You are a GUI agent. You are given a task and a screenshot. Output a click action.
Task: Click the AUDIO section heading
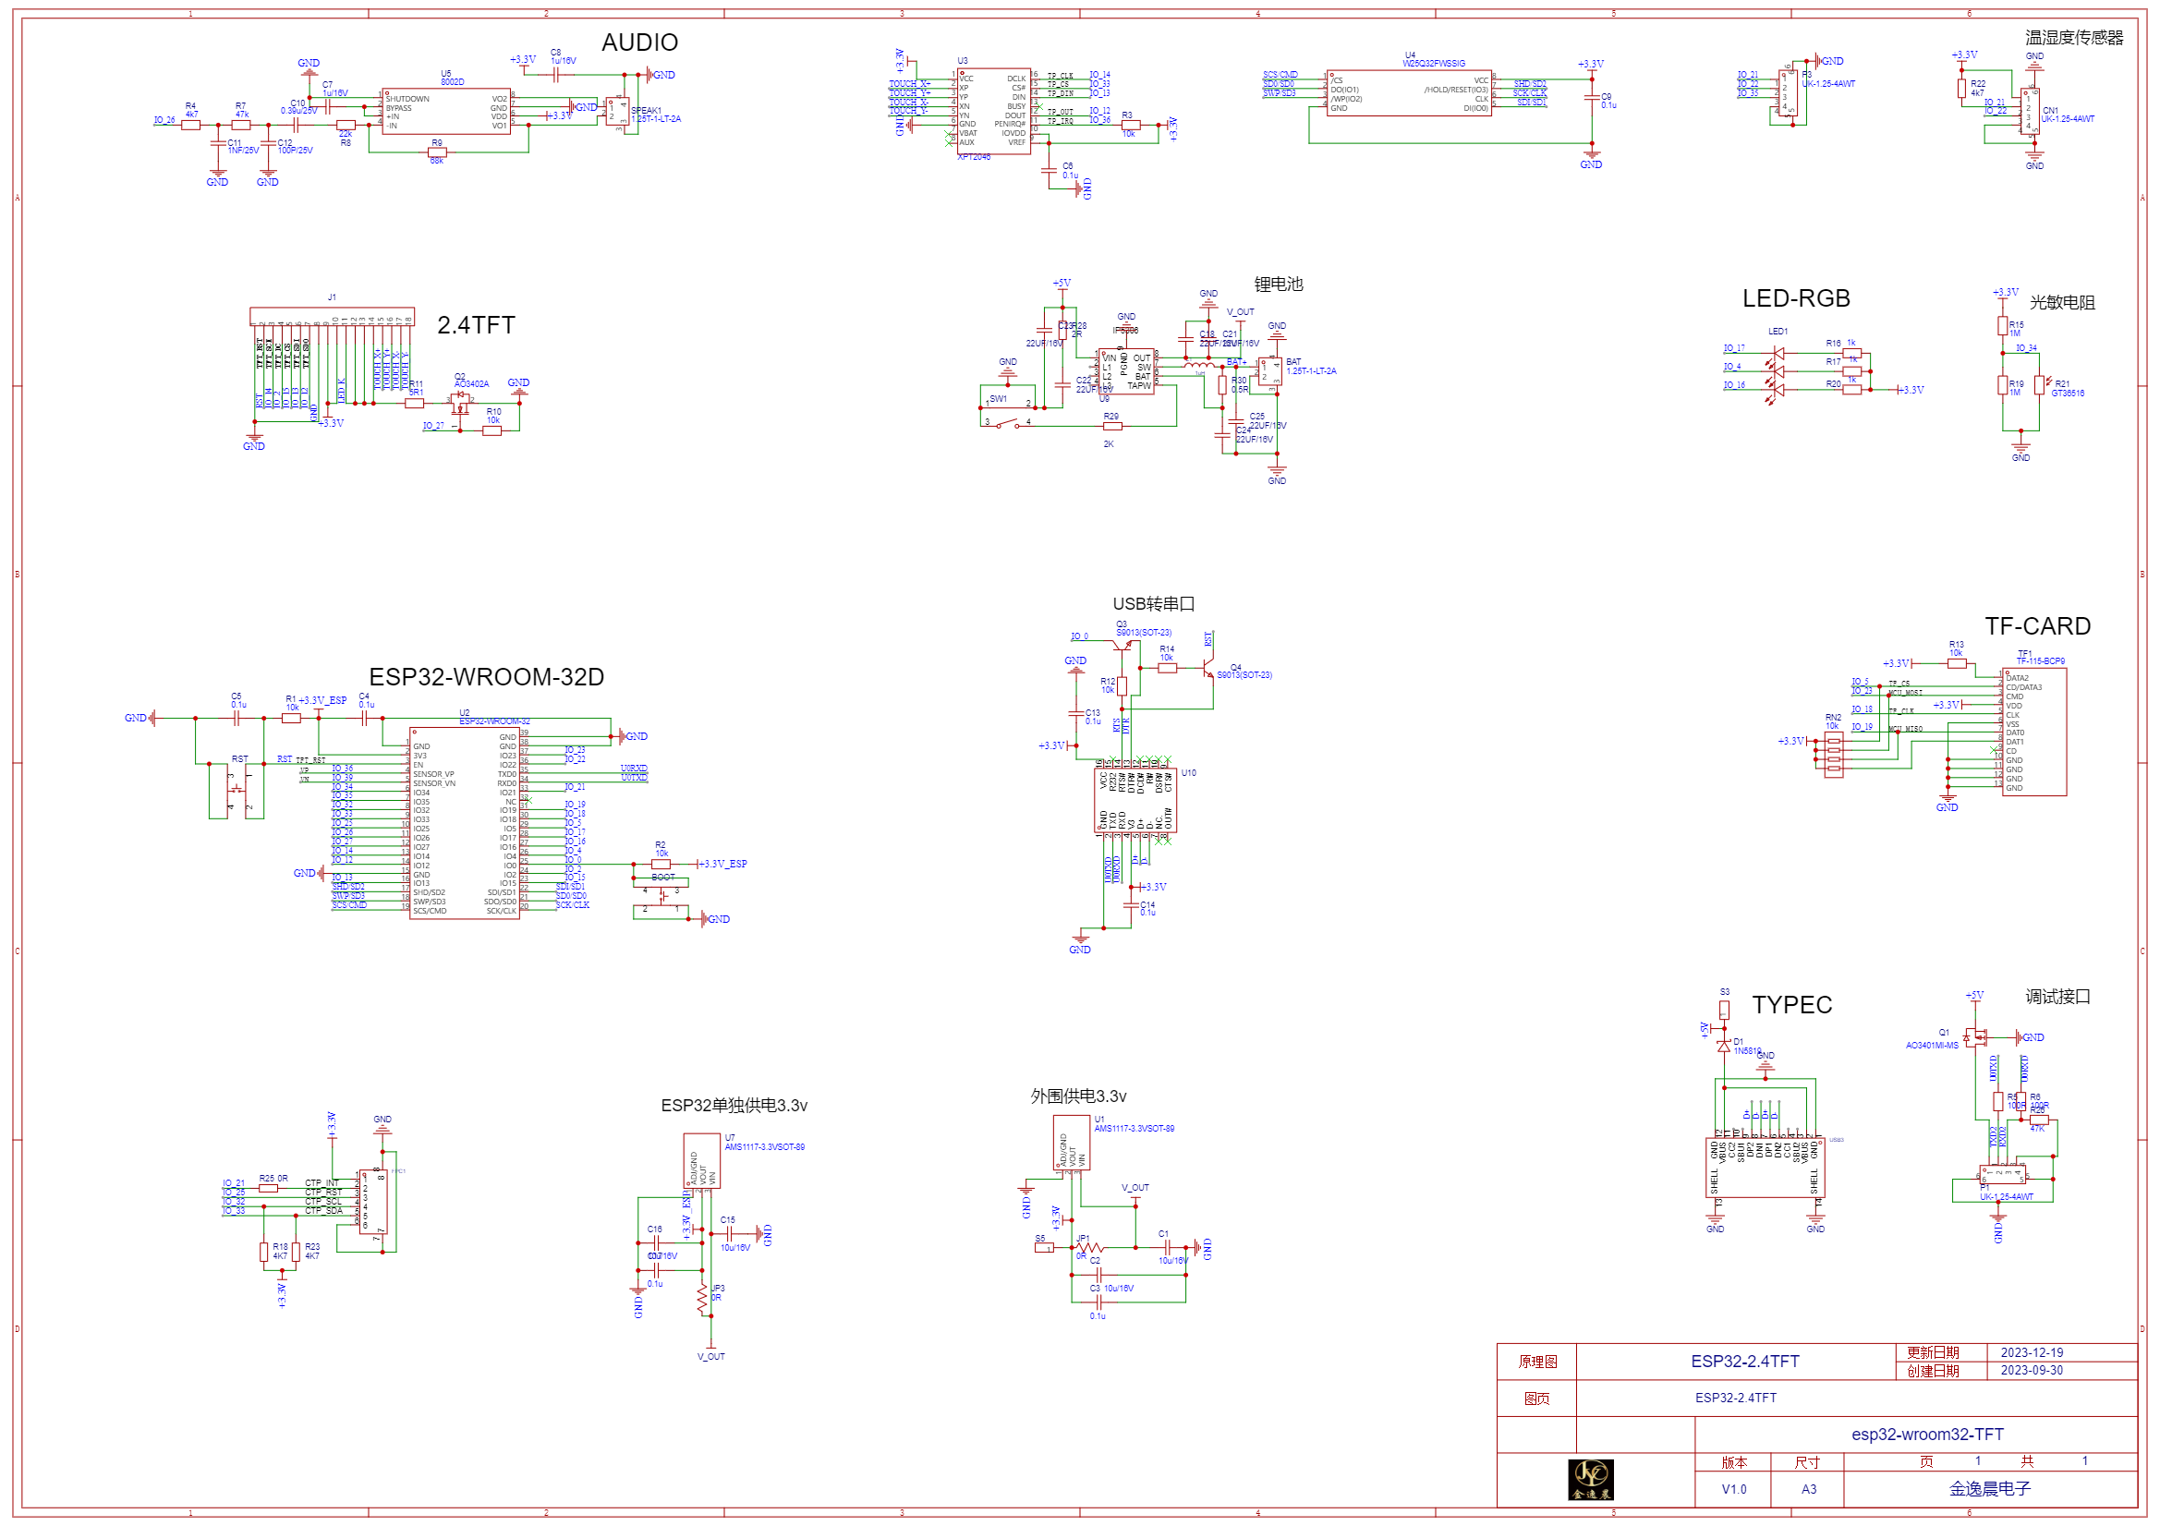coord(639,42)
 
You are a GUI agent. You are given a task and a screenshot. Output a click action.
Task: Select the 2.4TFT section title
coord(476,325)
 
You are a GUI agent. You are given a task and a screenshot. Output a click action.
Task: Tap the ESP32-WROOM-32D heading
coord(486,677)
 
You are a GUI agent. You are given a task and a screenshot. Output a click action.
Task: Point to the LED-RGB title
coord(1796,299)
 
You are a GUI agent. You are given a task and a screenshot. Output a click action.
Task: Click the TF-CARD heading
coord(2038,626)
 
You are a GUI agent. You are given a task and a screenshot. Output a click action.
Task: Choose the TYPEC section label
coord(1792,1005)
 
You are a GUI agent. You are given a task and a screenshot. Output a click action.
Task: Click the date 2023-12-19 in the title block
coord(2033,1353)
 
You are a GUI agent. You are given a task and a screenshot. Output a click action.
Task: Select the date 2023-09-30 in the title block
coord(2033,1371)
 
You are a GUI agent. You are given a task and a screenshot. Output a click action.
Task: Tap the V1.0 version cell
coord(1734,1489)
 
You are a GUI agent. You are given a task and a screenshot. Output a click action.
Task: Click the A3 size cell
coord(1809,1489)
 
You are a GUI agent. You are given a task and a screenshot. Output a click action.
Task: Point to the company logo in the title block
coord(1591,1480)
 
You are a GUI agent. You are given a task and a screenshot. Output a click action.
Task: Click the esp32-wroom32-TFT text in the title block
coord(1927,1435)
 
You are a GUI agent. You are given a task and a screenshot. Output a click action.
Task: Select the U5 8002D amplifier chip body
coord(446,112)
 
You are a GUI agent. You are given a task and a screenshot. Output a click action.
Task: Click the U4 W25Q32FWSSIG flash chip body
coord(1408,94)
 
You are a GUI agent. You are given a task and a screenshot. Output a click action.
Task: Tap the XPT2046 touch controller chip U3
coord(993,111)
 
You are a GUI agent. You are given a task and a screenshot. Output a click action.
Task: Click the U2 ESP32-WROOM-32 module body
coord(465,823)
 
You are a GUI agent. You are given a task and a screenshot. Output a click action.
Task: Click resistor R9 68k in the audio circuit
coord(436,152)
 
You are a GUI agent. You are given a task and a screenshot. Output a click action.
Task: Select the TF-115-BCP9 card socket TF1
coord(2034,732)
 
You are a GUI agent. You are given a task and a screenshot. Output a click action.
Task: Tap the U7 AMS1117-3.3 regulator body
coord(702,1161)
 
